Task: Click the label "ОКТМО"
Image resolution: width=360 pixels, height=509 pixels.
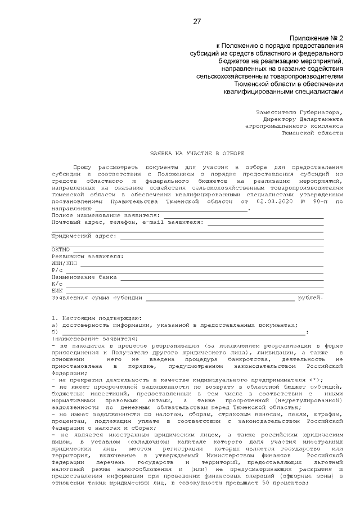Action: pyautogui.click(x=60, y=249)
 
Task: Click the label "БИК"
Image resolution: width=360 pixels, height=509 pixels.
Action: pyautogui.click(x=57, y=290)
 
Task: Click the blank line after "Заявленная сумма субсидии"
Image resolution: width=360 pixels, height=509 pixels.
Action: pyautogui.click(x=219, y=298)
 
